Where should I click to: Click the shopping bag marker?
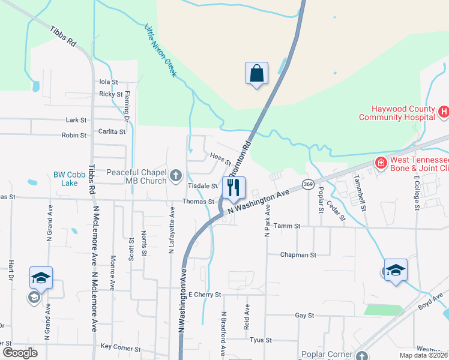coord(256,74)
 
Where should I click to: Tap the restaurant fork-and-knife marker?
coord(234,187)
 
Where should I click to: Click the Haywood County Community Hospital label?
coord(397,113)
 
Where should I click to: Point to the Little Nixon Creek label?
coord(160,50)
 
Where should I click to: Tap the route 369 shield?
coord(308,184)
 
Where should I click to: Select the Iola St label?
coord(109,82)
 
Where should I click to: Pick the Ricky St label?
coord(111,94)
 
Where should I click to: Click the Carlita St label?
coord(112,131)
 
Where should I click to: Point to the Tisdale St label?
coord(202,186)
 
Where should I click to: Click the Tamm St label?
coord(286,226)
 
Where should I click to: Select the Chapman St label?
coord(298,255)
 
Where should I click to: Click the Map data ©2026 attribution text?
coord(415,355)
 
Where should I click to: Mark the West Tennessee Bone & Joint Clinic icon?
coord(380,163)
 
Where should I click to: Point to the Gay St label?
coord(305,315)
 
